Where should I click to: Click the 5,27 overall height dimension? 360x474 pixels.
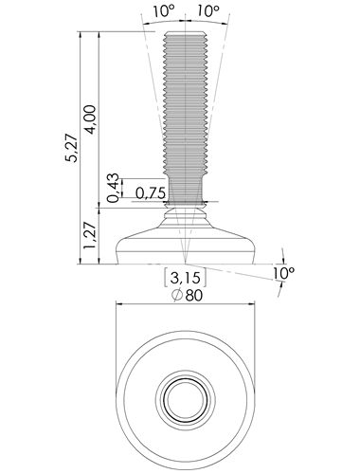[71, 148]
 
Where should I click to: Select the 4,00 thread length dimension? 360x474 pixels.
[90, 119]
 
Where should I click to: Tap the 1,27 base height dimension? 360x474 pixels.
[89, 235]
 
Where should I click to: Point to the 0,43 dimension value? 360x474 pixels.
[113, 188]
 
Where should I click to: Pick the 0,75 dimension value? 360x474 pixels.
[151, 192]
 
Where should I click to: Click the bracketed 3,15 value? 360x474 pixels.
[186, 278]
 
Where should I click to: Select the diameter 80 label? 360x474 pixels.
[187, 296]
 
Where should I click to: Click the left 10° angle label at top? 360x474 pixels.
[164, 11]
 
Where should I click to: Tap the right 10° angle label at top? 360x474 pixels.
[208, 11]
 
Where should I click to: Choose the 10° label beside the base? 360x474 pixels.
[284, 272]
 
